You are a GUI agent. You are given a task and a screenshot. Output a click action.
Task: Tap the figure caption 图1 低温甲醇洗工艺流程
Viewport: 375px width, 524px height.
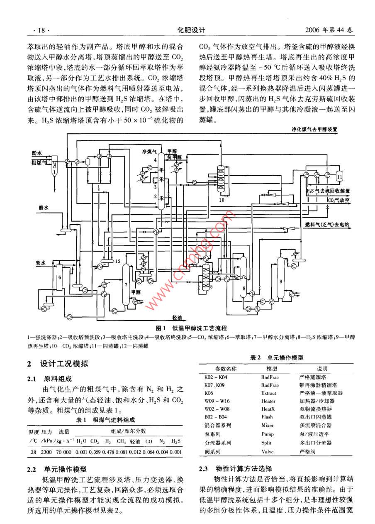click(191, 328)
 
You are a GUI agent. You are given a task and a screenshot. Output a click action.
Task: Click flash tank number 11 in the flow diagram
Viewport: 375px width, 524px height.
click(340, 176)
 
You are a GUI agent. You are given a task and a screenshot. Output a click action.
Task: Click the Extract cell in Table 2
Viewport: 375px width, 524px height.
click(269, 393)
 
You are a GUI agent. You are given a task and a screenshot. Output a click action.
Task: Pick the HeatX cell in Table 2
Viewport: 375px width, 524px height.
click(269, 409)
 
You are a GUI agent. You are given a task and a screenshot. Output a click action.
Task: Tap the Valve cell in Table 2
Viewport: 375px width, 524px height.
click(268, 451)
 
